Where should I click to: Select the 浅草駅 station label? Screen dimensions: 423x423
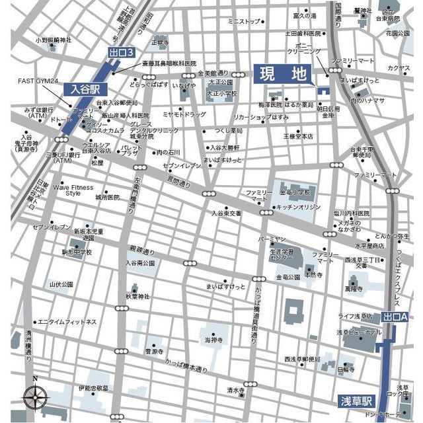pyautogui.click(x=358, y=402)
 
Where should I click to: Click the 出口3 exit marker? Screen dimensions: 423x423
pyautogui.click(x=121, y=52)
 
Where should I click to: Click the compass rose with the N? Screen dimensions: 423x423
pyautogui.click(x=35, y=397)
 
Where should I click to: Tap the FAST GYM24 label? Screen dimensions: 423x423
pyautogui.click(x=38, y=81)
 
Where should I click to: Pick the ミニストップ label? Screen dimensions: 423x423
pyautogui.click(x=244, y=21)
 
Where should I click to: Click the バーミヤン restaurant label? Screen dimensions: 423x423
pyautogui.click(x=272, y=237)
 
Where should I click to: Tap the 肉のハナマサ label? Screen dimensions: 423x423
pyautogui.click(x=367, y=100)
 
